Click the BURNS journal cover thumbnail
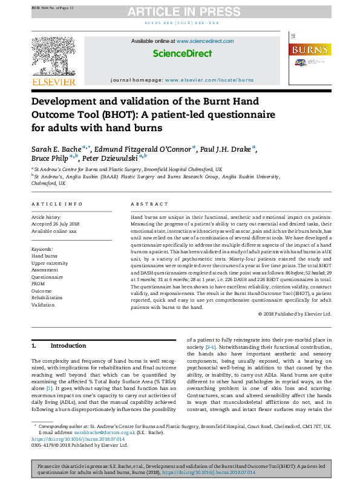[x=309, y=60]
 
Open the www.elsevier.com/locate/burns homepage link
[x=209, y=80]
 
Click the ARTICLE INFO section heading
[x=57, y=204]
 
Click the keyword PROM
[x=39, y=284]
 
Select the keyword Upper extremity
[x=50, y=264]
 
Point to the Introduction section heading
[x=68, y=346]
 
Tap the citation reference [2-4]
[x=210, y=347]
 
